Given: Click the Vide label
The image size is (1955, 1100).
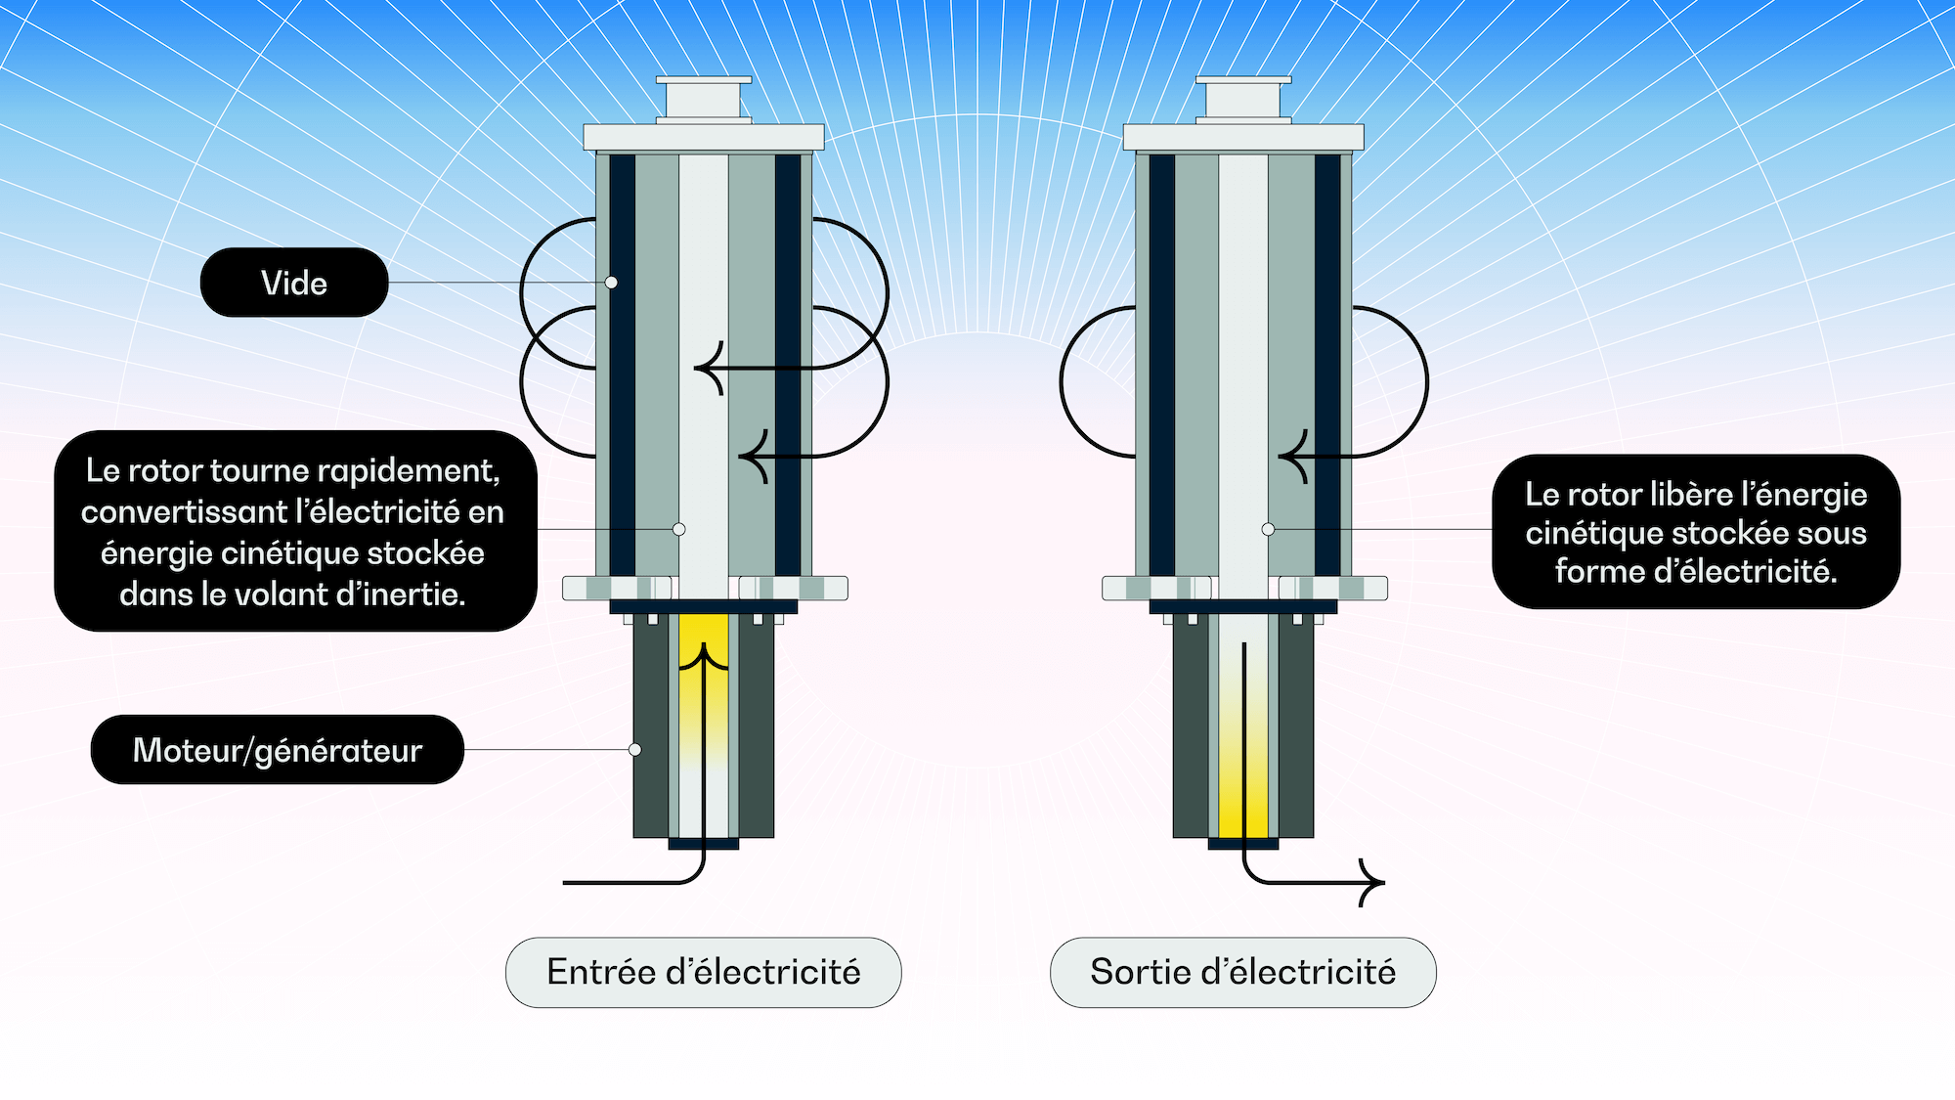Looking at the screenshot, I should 294,283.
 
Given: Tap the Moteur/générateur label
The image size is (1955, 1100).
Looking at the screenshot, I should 278,750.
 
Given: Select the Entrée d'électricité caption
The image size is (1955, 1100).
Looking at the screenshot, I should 703,972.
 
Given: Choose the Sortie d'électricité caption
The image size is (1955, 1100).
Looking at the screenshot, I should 1242,972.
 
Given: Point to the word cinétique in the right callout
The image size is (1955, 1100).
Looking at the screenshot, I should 1590,534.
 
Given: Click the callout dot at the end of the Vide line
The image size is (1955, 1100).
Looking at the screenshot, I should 611,283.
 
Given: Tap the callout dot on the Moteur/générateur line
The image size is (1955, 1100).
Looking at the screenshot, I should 634,750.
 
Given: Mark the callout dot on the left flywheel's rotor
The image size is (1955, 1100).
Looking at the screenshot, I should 678,529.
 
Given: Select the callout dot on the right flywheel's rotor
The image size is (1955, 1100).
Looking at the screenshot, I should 1268,529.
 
